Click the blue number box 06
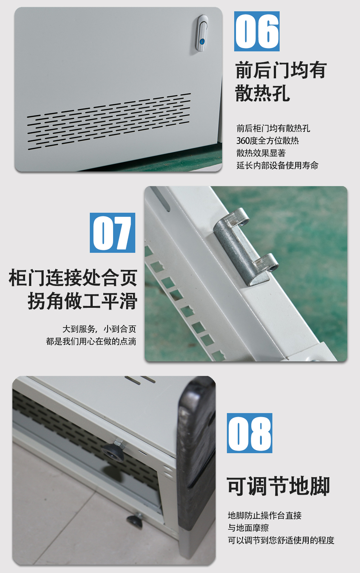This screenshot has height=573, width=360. (257, 31)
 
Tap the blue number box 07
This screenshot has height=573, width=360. (112, 232)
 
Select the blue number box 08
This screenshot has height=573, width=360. (249, 433)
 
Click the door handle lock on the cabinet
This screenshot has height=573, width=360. (202, 33)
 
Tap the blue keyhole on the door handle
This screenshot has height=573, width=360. (202, 41)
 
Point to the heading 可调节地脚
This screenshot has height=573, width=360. (278, 486)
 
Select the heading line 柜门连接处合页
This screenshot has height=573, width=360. (73, 278)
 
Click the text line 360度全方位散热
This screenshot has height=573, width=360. (267, 141)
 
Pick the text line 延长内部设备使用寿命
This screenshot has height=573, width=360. (277, 165)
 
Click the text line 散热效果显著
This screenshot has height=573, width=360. (261, 153)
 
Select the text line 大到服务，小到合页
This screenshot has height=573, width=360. (99, 329)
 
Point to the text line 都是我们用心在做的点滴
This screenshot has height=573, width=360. (91, 341)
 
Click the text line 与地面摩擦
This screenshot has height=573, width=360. (248, 528)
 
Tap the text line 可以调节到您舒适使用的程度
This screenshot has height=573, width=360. (281, 540)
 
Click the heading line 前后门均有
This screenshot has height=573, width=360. (281, 70)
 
